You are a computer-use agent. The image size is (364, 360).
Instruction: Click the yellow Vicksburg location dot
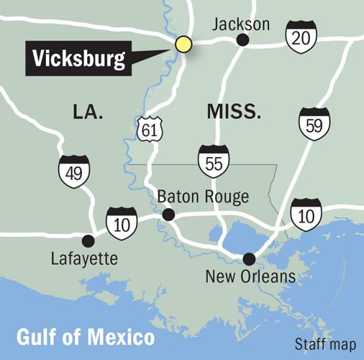click(x=184, y=44)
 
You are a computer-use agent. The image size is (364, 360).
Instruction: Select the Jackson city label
click(x=241, y=24)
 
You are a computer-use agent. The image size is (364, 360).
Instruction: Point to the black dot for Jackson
click(x=242, y=41)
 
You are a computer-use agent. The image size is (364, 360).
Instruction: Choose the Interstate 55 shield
click(x=214, y=160)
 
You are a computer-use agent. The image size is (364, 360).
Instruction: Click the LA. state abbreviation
click(x=88, y=112)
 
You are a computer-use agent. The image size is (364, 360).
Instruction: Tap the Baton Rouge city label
click(x=203, y=197)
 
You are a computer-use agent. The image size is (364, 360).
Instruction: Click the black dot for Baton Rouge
click(x=168, y=215)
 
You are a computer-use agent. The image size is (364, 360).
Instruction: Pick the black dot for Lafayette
click(x=88, y=240)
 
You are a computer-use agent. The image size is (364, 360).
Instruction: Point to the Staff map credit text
click(x=326, y=343)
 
